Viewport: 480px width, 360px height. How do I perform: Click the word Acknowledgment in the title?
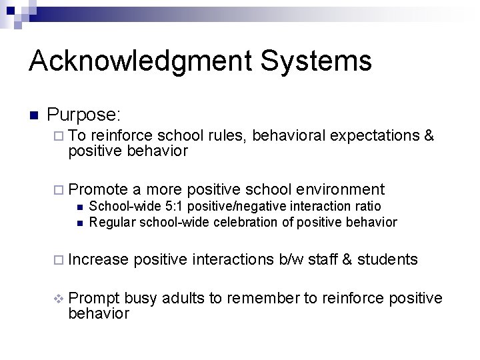[140, 61]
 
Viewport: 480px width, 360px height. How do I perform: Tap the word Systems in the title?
[317, 61]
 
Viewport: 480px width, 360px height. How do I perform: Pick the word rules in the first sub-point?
[229, 136]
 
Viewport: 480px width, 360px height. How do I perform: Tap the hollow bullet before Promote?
[57, 190]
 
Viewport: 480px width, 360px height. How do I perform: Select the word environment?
[341, 190]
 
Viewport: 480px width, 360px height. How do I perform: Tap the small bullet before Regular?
[79, 222]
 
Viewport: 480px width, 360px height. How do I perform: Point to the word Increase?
[98, 259]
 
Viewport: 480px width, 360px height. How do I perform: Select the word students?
[387, 259]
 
